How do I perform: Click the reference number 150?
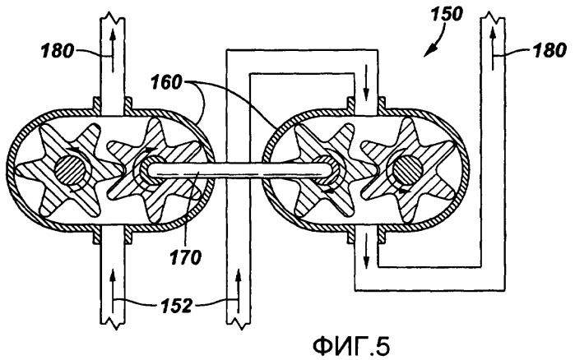coord(447,15)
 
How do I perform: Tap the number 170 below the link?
coord(185,257)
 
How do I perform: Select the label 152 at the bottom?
coord(176,306)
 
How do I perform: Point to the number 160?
coord(166,83)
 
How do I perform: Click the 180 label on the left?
coord(58,51)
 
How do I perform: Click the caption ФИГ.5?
coord(351,345)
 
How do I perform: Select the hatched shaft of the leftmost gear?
coord(70,171)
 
